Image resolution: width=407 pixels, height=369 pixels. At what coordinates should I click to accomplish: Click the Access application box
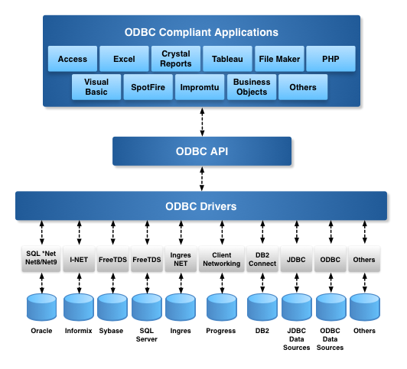pos(73,59)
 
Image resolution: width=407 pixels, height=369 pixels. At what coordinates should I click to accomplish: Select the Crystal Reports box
pos(176,59)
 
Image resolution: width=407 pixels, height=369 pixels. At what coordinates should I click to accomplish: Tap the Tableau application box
pos(227,59)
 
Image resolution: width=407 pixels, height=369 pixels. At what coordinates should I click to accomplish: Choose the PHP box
pos(330,59)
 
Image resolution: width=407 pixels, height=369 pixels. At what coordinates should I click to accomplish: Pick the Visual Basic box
pos(96,87)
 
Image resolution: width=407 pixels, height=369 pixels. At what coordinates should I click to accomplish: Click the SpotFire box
pos(148,87)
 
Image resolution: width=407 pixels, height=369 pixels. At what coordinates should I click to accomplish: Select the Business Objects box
pos(252,87)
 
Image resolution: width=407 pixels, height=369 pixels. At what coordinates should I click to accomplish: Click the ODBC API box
pos(202,151)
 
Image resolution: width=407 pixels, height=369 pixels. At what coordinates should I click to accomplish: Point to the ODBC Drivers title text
pos(201,206)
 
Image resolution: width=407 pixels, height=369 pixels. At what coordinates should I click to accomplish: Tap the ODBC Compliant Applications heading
pos(201,32)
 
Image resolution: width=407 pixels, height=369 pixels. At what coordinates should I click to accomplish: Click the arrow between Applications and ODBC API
pos(202,121)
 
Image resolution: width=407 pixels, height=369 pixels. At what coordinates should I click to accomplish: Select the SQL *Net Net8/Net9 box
pos(41,259)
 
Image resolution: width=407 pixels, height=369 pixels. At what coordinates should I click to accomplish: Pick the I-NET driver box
pos(79,259)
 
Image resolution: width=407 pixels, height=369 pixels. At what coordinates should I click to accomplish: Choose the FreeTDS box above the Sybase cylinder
pos(112,259)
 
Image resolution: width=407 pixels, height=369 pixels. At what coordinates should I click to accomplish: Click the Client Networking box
pos(222,259)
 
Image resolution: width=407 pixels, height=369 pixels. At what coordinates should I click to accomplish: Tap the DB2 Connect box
pos(262,259)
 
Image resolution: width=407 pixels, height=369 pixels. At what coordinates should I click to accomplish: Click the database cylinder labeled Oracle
pos(41,307)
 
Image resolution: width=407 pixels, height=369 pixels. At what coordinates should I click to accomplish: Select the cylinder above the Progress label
pos(222,307)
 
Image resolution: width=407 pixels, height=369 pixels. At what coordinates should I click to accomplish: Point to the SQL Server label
pos(147,335)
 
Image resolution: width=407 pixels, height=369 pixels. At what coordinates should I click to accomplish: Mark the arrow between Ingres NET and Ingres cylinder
pos(181,283)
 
